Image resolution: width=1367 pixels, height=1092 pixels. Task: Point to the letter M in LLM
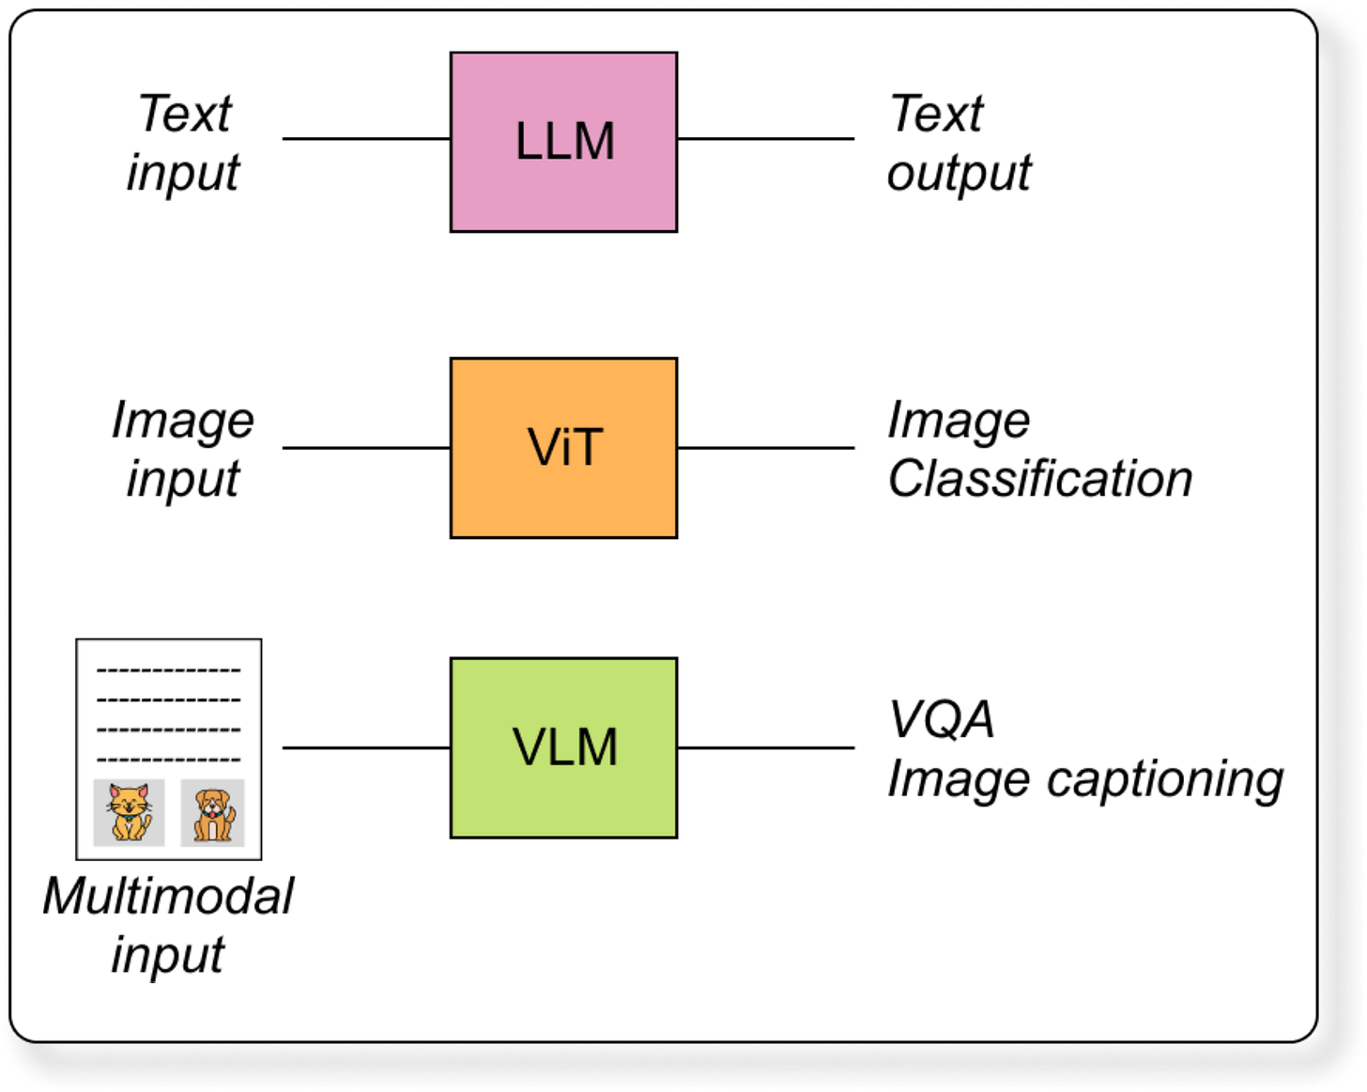[593, 142]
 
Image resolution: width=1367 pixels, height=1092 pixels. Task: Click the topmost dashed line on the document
[169, 670]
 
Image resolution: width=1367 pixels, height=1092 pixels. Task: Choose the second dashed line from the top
[169, 700]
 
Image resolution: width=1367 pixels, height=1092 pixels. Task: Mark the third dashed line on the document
[169, 730]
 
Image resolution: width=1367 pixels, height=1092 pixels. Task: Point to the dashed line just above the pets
[169, 760]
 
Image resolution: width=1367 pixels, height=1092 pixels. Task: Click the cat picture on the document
[130, 812]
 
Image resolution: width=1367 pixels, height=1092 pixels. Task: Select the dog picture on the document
[213, 813]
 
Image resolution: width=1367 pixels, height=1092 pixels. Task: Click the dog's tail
[230, 819]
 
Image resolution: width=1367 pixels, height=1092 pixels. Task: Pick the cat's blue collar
[129, 817]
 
